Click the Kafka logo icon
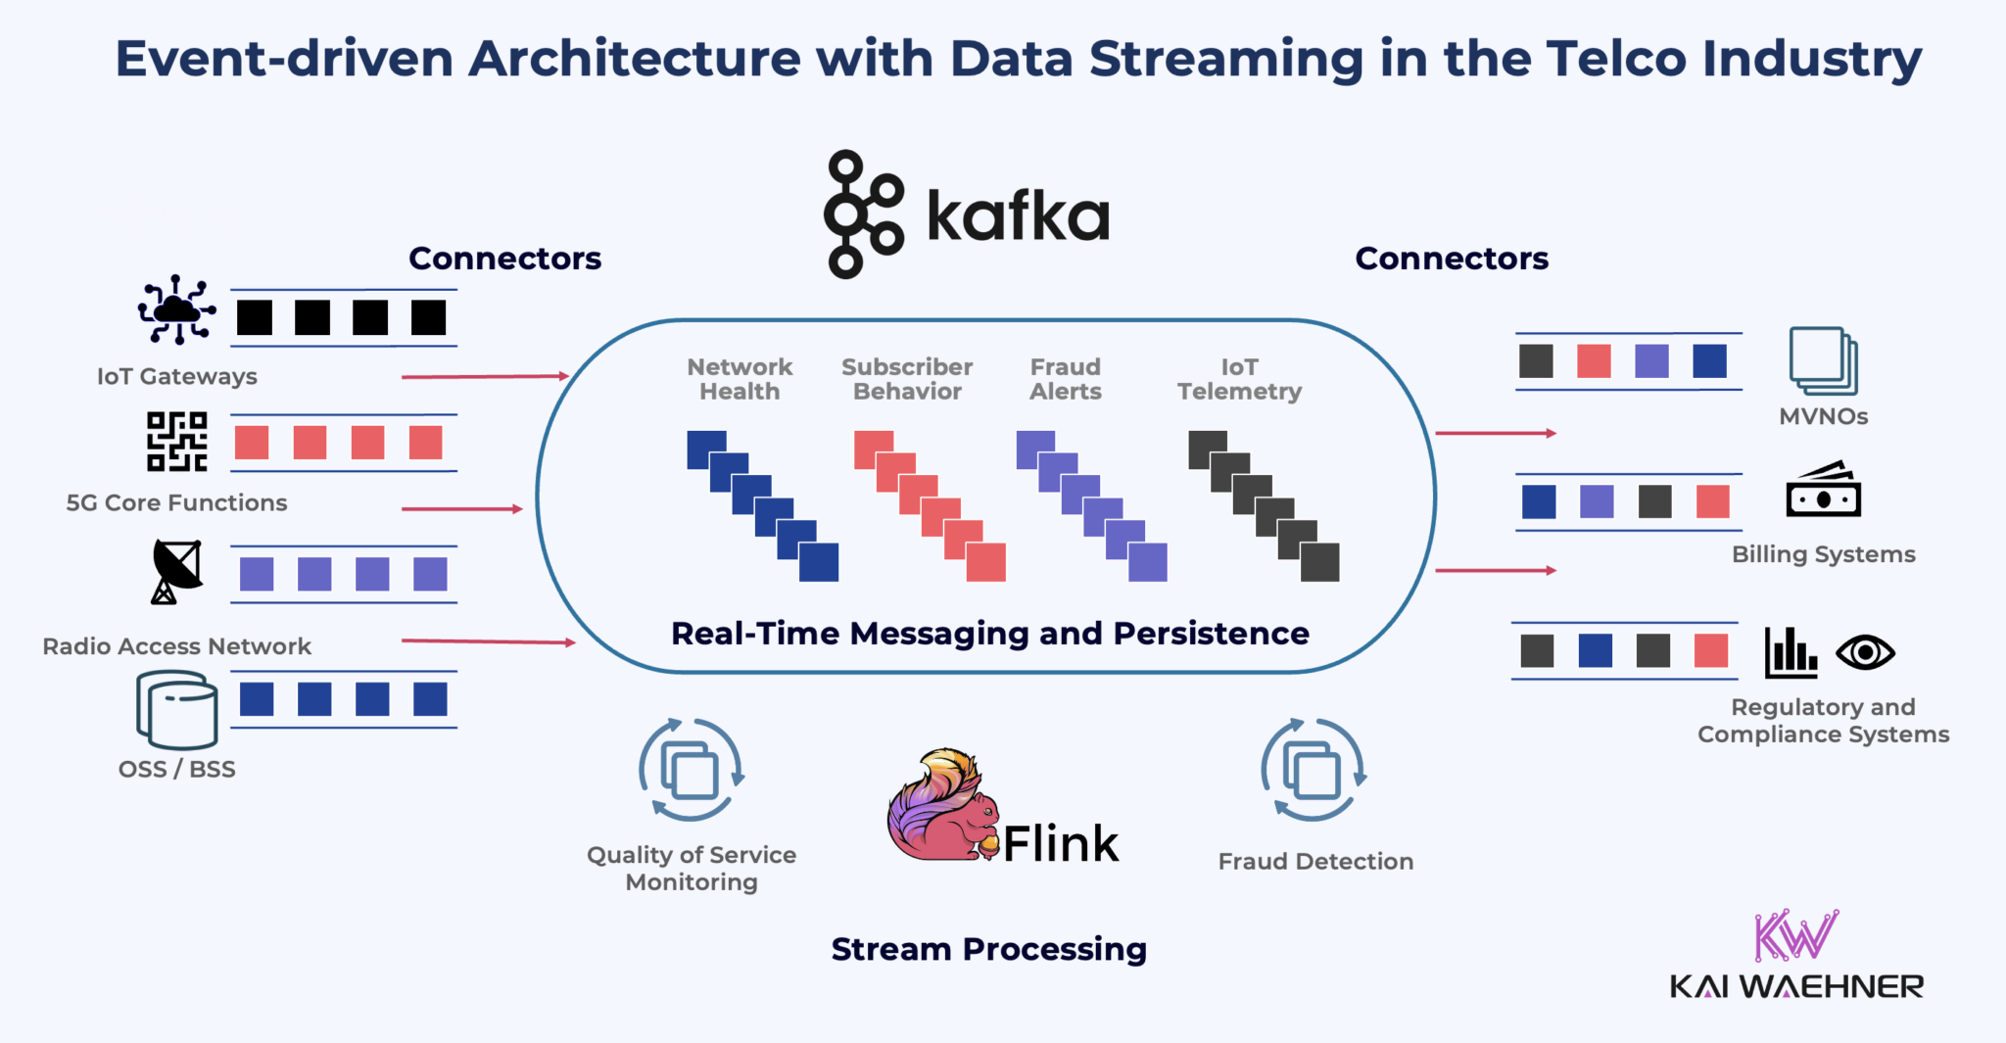point(862,213)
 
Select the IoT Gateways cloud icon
point(176,309)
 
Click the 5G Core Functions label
point(176,502)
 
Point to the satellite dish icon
point(176,571)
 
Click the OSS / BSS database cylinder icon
point(177,709)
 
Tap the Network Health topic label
point(740,379)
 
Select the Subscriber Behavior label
point(907,379)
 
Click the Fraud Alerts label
point(1066,379)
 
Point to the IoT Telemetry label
point(1239,379)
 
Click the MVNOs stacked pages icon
point(1823,360)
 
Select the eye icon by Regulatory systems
point(1865,652)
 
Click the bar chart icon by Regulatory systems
point(1791,652)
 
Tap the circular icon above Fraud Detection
point(1313,770)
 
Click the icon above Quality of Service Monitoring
point(691,770)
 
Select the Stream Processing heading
point(988,949)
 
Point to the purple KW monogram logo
point(1795,935)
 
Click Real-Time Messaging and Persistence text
point(989,634)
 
